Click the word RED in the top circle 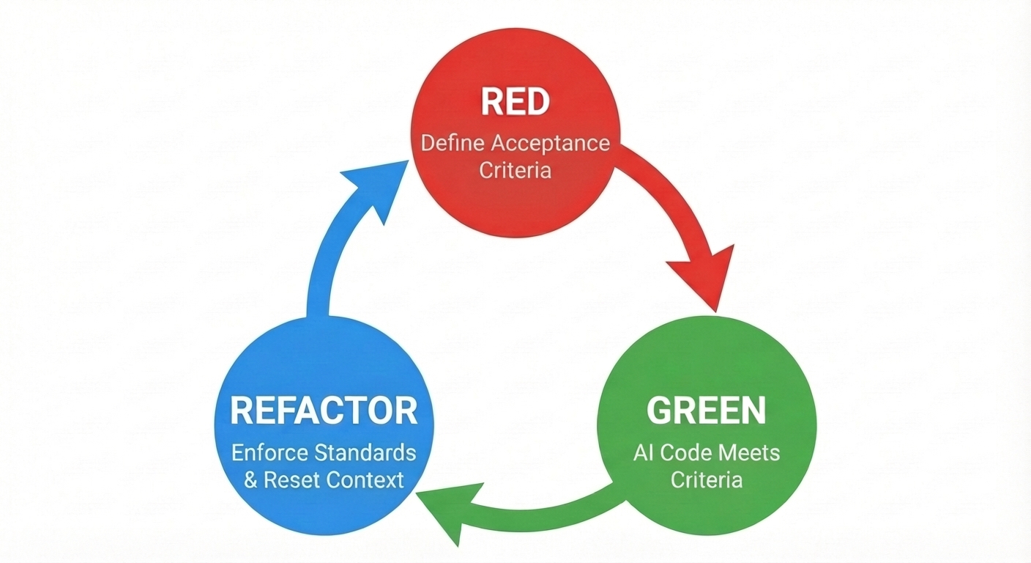point(515,103)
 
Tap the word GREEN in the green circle point(707,411)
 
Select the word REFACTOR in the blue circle point(324,411)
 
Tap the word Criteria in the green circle point(707,480)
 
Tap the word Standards point(373,452)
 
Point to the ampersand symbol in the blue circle point(251,481)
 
